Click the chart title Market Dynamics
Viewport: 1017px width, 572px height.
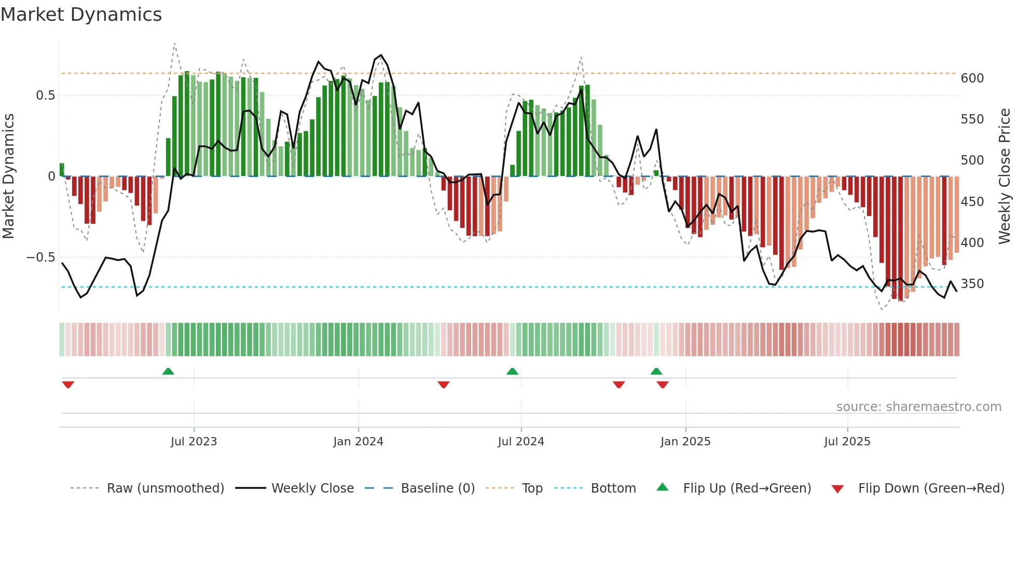coord(81,15)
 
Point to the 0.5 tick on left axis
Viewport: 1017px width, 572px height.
coord(45,96)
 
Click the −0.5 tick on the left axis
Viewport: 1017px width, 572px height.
coord(40,257)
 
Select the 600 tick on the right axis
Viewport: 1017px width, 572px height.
coord(972,78)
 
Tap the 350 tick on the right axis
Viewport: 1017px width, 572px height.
coord(972,284)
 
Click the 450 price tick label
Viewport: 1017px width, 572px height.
coord(972,202)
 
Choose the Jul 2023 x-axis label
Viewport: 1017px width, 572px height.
coord(194,442)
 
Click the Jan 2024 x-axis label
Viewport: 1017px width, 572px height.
coord(358,442)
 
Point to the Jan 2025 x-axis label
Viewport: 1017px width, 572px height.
coord(685,442)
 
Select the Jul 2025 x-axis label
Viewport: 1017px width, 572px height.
coord(847,442)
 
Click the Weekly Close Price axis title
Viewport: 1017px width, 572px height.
coord(1005,176)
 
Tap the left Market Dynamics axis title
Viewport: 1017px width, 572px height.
coord(8,176)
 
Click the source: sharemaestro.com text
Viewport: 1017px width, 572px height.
coord(918,407)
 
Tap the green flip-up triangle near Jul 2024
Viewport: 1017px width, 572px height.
coord(512,371)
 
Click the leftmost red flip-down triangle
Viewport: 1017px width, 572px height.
coord(68,385)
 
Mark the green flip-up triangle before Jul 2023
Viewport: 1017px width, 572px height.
coord(168,371)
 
